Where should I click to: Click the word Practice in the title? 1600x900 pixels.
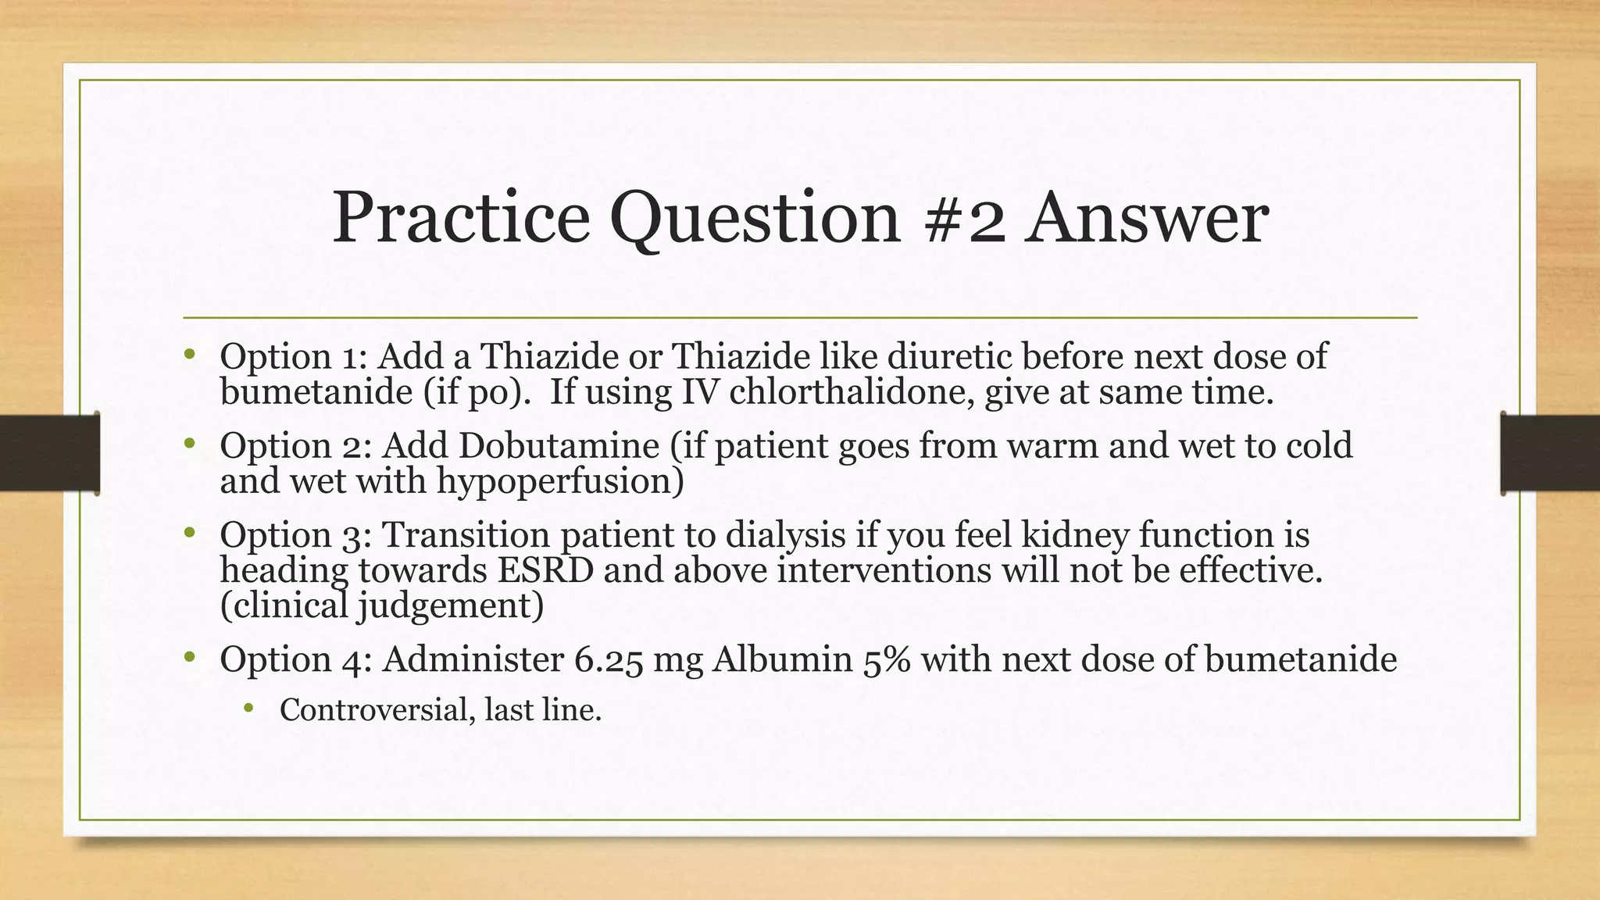pos(461,219)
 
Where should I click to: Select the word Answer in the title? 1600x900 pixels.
pos(1148,219)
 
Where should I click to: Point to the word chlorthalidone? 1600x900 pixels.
pos(852,392)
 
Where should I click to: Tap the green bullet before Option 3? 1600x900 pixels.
pos(188,534)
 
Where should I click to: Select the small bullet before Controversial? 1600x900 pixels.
pos(248,709)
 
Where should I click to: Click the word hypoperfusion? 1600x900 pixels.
pos(559,481)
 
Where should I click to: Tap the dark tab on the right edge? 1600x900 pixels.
pos(1550,453)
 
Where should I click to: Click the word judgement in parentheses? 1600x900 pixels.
pos(450,606)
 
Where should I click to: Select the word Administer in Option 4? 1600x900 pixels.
pos(473,659)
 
